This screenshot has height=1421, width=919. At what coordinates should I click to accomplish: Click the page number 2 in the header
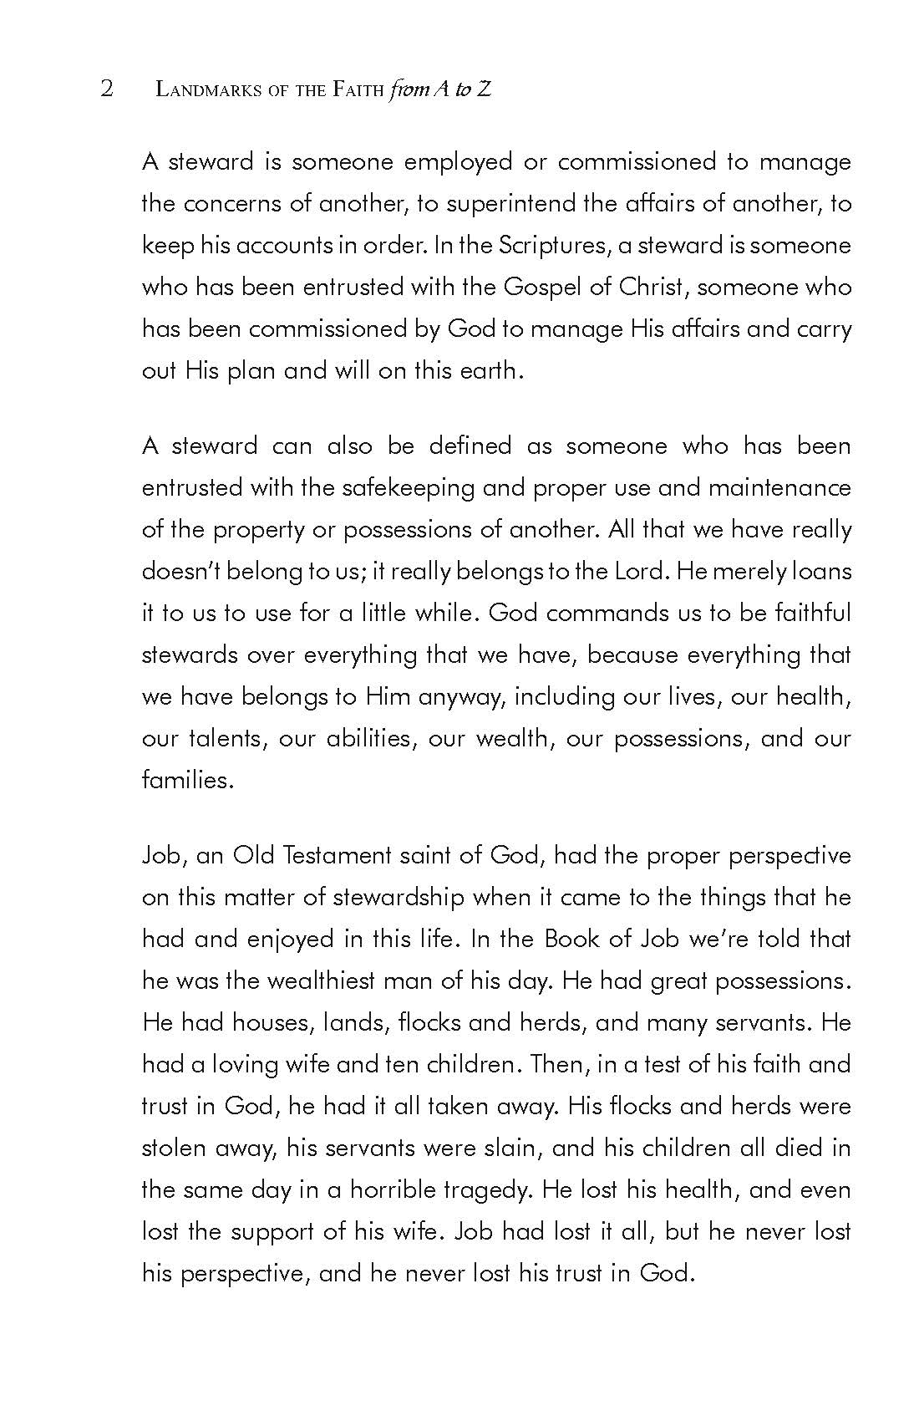coord(106,89)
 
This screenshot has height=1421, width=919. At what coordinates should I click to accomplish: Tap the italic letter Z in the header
coord(483,89)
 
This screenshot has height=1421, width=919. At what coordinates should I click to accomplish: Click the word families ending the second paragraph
coord(186,780)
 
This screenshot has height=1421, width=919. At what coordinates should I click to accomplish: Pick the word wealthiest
coord(320,980)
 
